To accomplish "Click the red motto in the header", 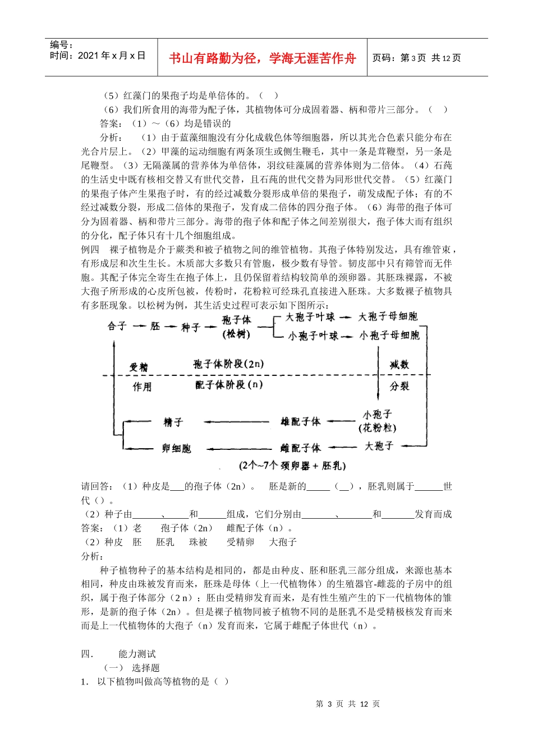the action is click(x=262, y=58).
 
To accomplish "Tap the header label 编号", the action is click(x=61, y=45).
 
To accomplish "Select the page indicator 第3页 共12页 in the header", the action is click(x=416, y=58).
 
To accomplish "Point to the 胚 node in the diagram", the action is click(x=155, y=326).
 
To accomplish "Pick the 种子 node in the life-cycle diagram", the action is click(x=190, y=327).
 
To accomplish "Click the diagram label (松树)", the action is click(x=236, y=334).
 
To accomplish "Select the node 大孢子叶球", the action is click(x=310, y=317).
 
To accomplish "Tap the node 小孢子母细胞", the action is click(x=389, y=335).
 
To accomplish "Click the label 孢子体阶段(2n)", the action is click(x=228, y=364).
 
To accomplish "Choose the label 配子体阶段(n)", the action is click(x=229, y=385).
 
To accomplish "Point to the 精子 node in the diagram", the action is click(x=173, y=422).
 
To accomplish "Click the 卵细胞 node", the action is click(x=176, y=448).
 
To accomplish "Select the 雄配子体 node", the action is click(x=300, y=422).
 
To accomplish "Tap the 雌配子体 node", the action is click(x=300, y=448).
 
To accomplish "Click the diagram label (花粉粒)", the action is click(x=377, y=428).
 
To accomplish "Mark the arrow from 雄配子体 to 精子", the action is click(x=236, y=422).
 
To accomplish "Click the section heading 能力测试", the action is click(x=137, y=654).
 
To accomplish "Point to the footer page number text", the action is click(x=348, y=704).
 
